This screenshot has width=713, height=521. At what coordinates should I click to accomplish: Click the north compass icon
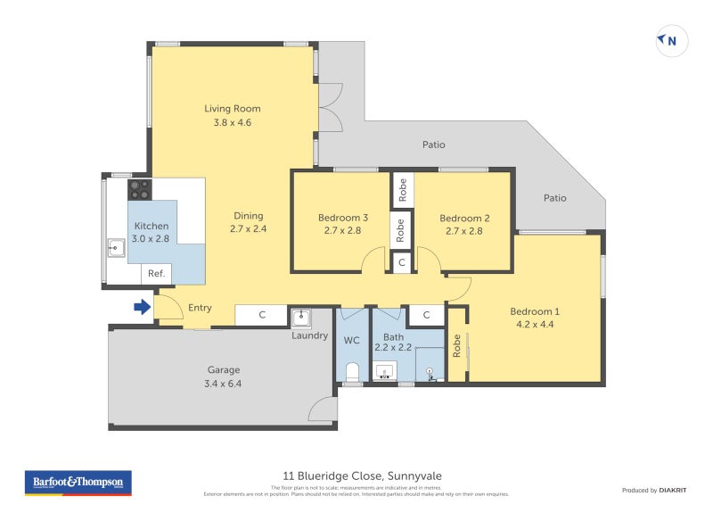click(672, 40)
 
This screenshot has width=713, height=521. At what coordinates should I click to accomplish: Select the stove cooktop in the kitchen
click(140, 189)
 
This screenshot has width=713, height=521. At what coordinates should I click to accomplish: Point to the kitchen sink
click(116, 247)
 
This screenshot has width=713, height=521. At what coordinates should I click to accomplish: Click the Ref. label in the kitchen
click(155, 274)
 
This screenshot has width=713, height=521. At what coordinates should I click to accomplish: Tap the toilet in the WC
click(352, 371)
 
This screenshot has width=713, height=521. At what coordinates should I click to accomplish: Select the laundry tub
click(300, 318)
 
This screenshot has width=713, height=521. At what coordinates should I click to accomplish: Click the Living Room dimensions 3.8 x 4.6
click(232, 123)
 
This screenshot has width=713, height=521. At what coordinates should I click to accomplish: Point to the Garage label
click(224, 369)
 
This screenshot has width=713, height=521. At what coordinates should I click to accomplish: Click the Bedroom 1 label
click(534, 311)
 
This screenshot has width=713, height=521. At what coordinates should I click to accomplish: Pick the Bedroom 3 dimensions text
click(343, 231)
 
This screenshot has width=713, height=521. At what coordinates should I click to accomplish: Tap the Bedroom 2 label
click(464, 218)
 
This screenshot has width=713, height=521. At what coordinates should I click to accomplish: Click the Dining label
click(249, 215)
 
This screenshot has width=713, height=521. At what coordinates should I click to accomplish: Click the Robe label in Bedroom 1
click(456, 344)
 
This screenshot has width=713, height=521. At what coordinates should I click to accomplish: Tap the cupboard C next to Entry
click(261, 315)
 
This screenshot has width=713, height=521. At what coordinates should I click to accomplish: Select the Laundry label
click(310, 335)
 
